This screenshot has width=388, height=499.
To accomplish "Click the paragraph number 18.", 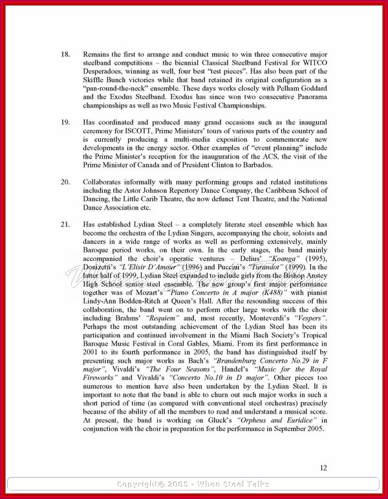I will [65, 54].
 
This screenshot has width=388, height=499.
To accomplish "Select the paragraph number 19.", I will [65, 122].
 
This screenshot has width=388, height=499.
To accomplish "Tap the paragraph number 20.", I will [65, 182].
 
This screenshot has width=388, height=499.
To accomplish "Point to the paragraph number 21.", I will [65, 224].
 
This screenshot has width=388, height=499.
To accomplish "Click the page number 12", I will [323, 468].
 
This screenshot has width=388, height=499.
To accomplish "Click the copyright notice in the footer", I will [194, 484].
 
